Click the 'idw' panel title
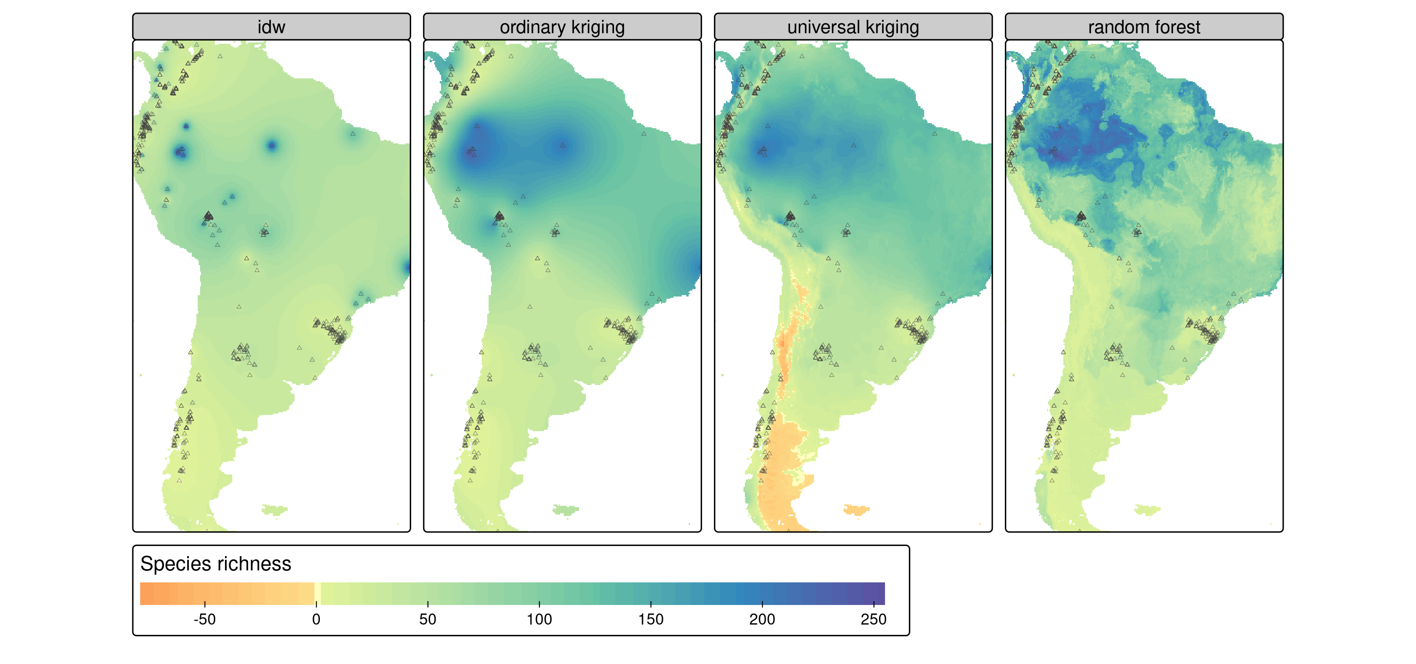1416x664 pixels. point(271,27)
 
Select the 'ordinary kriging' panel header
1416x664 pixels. point(562,27)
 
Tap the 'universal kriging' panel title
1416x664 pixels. point(853,27)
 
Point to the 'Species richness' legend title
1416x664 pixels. point(215,564)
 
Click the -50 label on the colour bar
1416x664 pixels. point(205,619)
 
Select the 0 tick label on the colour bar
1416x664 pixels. point(316,619)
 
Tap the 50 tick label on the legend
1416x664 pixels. point(428,619)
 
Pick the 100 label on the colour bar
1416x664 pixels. point(539,619)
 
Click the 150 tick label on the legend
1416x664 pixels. point(651,619)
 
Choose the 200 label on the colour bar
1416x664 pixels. point(762,619)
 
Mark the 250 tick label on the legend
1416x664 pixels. point(873,619)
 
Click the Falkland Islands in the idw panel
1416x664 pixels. point(274,510)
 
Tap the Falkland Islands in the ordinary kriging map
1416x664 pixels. point(565,510)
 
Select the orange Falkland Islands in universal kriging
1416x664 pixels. point(856,510)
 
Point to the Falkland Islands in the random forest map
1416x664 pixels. point(1147,510)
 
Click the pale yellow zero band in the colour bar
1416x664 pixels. point(318,593)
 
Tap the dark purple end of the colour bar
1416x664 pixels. point(879,593)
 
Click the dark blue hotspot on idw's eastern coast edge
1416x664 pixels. point(407,267)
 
